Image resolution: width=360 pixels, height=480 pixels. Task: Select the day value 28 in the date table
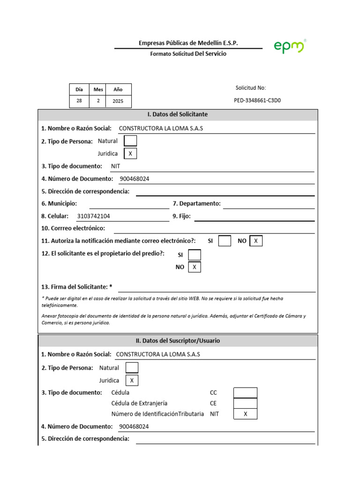79,101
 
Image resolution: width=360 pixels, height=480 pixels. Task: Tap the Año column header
118,90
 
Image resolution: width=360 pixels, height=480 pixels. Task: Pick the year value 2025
118,101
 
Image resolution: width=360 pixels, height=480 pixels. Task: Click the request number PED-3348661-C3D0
257,100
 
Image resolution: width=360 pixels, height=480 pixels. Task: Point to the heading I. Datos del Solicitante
177,114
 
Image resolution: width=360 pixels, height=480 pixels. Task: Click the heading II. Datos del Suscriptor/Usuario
177,341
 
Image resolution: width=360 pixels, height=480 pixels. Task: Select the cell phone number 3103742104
93,216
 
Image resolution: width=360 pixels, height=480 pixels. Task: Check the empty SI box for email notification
225,241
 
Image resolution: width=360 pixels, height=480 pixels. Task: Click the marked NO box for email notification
256,241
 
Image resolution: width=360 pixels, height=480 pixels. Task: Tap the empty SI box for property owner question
194,255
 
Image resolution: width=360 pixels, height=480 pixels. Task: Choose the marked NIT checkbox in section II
245,414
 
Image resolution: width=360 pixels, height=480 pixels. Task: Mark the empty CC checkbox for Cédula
245,393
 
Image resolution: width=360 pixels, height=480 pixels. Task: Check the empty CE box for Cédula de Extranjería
245,403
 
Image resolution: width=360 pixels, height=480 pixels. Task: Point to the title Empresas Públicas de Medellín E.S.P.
188,43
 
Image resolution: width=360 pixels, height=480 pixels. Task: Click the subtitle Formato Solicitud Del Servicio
188,54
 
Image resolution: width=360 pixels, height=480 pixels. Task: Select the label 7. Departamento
196,204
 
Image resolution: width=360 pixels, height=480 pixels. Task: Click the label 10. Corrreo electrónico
73,228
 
